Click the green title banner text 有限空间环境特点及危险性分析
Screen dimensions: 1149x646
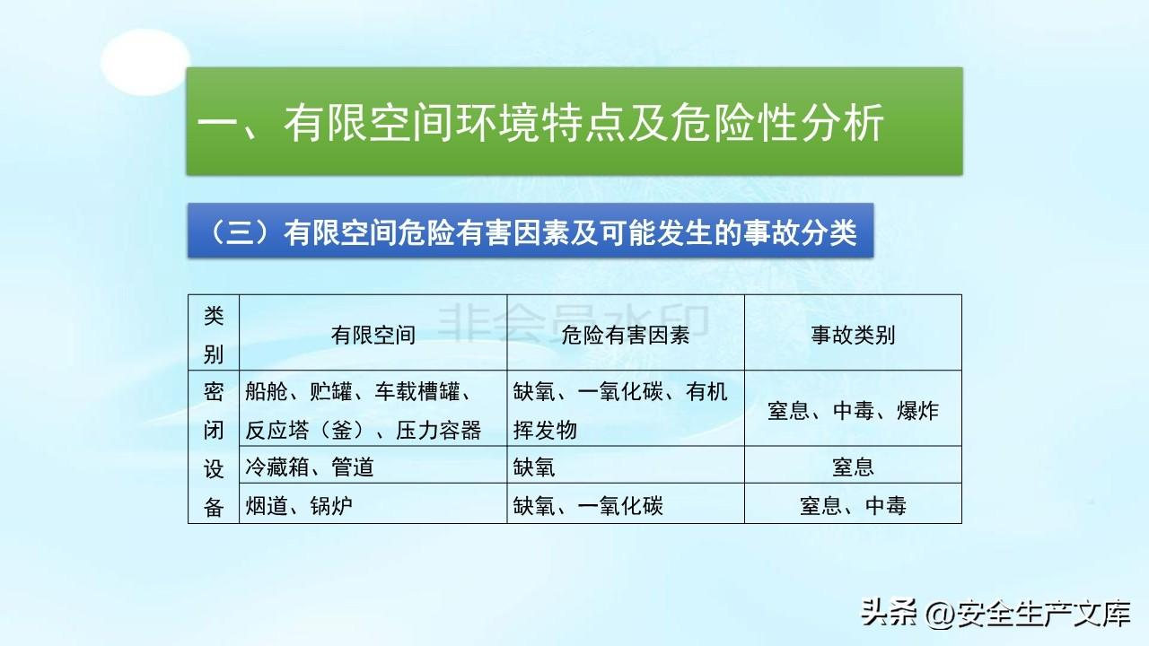(539, 122)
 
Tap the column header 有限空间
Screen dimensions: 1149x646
(373, 336)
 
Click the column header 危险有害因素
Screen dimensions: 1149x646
(626, 336)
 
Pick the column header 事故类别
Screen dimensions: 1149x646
(853, 336)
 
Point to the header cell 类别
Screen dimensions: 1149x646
(214, 335)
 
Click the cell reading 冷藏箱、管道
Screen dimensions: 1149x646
(310, 467)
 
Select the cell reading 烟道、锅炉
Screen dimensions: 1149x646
(299, 505)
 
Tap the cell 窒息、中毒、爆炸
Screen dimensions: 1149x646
(853, 411)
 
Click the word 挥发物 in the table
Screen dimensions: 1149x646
(545, 430)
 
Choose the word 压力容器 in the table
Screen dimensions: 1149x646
(439, 430)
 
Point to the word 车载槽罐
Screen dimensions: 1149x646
(417, 391)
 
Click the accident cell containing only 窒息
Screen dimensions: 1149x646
(853, 467)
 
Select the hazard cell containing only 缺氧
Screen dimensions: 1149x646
(534, 467)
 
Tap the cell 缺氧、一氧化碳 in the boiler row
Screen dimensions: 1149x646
(588, 505)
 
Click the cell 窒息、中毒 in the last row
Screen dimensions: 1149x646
(853, 505)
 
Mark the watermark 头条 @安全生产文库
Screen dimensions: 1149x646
(996, 613)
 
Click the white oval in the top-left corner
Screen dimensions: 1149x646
(145, 62)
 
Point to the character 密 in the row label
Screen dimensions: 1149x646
(214, 391)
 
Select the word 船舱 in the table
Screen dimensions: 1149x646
(267, 391)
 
